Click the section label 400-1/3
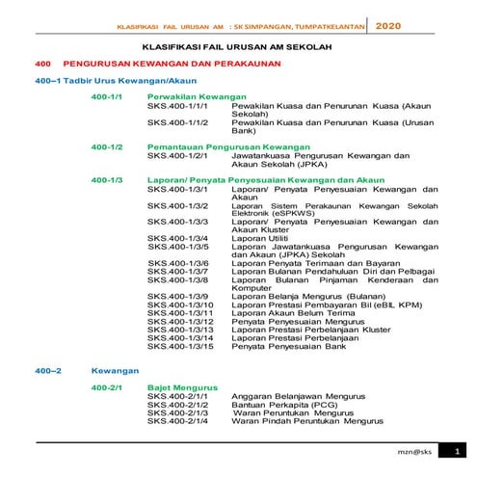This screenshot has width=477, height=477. (x=106, y=180)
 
